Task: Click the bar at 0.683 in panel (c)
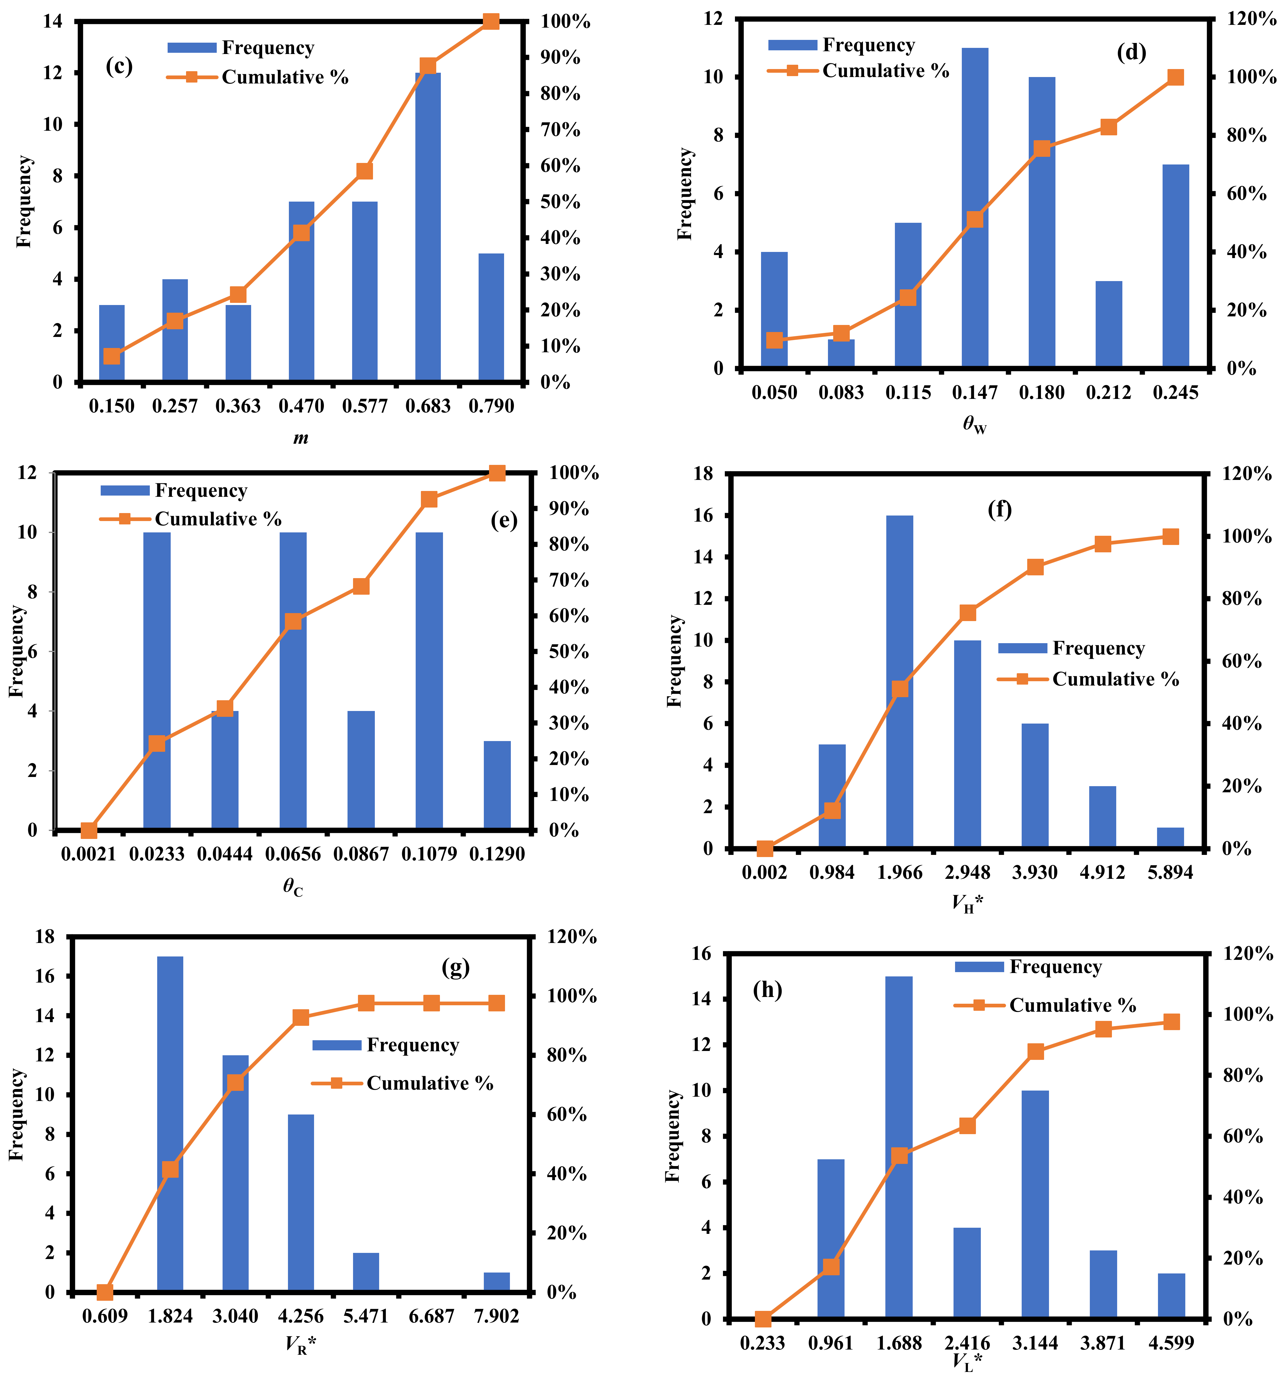pos(428,227)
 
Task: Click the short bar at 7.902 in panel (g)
pos(497,1283)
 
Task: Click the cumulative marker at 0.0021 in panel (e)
pos(89,830)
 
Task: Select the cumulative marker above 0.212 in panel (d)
pos(1109,127)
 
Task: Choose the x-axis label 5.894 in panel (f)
pos(1170,872)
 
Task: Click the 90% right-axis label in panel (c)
pos(561,58)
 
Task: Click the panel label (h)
pos(767,990)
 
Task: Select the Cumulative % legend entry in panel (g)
pos(402,1083)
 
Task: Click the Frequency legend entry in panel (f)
pos(1072,648)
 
